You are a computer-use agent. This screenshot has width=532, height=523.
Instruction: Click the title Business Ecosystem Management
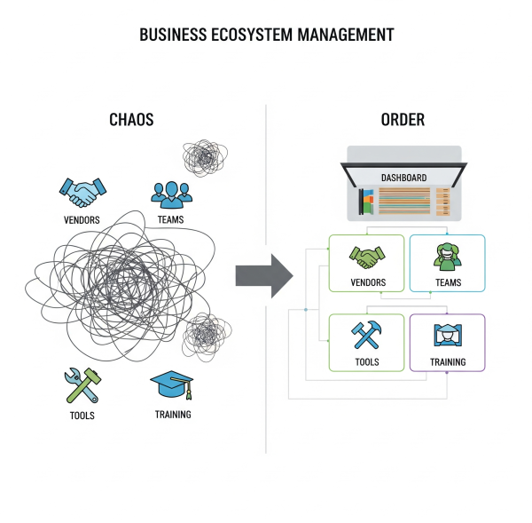click(x=266, y=36)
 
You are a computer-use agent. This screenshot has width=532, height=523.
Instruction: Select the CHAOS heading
click(x=131, y=120)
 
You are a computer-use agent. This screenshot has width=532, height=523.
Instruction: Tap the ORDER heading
click(x=403, y=120)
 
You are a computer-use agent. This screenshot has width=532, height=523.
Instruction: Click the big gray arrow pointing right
click(x=263, y=275)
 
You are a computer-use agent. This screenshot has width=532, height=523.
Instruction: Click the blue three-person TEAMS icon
click(x=170, y=194)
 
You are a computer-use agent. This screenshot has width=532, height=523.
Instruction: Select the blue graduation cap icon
click(x=172, y=385)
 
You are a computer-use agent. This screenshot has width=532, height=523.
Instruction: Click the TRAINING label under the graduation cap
click(x=172, y=415)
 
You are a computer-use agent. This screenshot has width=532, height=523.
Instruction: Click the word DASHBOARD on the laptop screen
click(x=403, y=178)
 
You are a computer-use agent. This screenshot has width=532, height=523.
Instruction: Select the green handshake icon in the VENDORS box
click(x=366, y=258)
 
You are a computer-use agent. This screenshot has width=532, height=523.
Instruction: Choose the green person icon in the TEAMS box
click(x=447, y=256)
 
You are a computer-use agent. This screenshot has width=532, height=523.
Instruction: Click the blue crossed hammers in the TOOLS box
click(x=366, y=336)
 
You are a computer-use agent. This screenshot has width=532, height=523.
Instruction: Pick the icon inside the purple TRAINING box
click(x=447, y=336)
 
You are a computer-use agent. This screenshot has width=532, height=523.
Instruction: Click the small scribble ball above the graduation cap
click(x=204, y=336)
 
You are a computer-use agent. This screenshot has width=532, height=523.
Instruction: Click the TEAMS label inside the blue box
click(x=448, y=282)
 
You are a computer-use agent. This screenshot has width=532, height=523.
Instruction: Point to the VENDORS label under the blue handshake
click(x=82, y=219)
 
